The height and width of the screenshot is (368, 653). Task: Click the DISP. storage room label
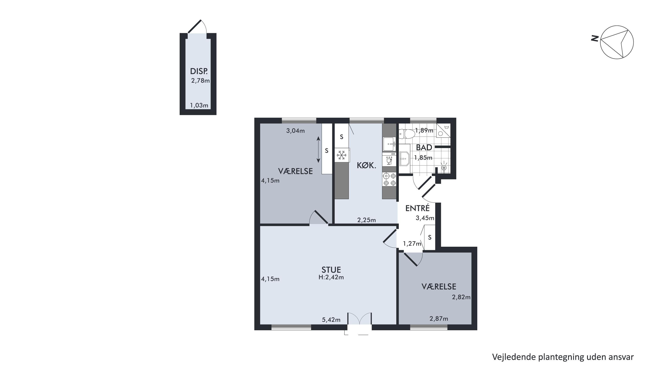[199, 71]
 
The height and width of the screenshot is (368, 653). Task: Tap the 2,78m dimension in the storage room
[201, 81]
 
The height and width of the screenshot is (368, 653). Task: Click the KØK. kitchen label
[366, 166]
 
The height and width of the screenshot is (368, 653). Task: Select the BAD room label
[424, 147]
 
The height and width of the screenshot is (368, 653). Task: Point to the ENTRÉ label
[417, 208]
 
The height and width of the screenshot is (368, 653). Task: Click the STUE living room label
[331, 270]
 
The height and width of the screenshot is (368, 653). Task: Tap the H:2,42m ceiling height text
[331, 277]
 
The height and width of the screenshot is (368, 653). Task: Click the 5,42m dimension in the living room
[331, 320]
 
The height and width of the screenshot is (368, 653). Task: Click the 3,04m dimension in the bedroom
[295, 131]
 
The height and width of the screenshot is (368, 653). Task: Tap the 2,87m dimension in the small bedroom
[439, 318]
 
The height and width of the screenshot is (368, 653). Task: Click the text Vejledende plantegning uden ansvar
[563, 357]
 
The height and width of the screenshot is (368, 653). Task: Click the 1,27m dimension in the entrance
[412, 244]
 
